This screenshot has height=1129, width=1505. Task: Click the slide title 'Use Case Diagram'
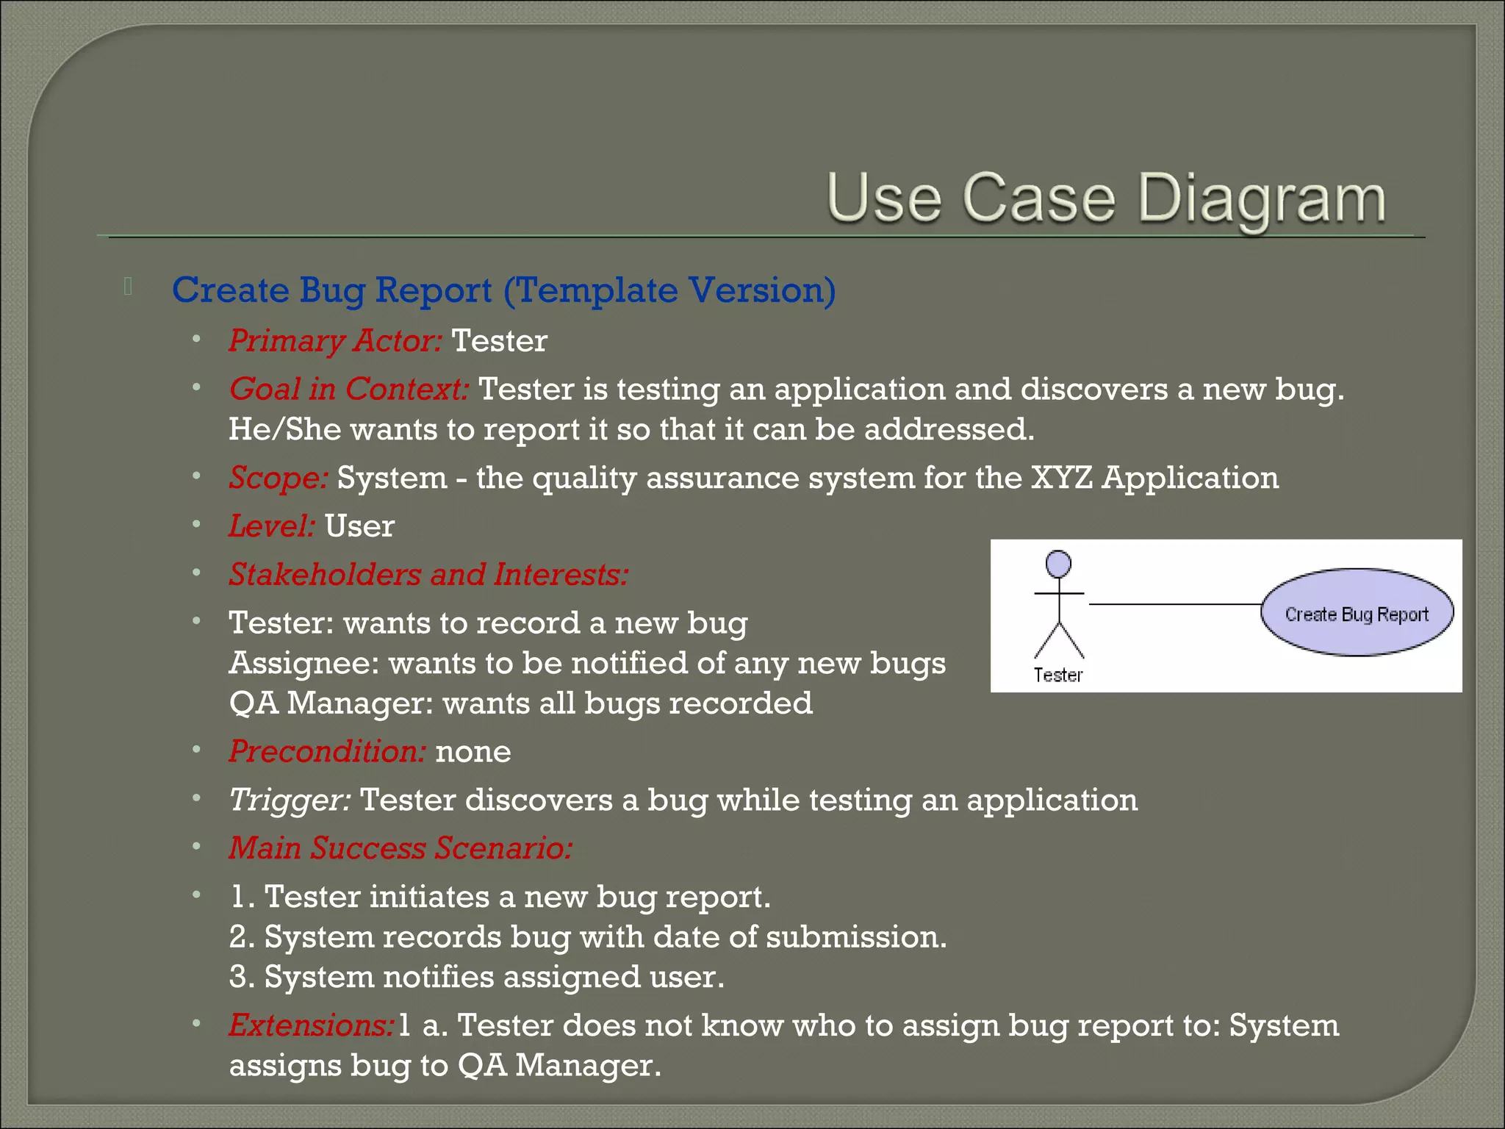tap(1106, 198)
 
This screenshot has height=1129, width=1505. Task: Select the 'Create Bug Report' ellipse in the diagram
tap(1357, 613)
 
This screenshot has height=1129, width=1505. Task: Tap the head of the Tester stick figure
tap(1058, 564)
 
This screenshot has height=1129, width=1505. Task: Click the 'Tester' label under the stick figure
tap(1057, 675)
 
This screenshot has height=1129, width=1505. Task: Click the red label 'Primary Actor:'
tap(335, 341)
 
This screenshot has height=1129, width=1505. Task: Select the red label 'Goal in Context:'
tap(348, 389)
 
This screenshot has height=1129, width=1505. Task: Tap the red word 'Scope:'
tap(278, 478)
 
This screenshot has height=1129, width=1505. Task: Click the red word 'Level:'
tap(272, 526)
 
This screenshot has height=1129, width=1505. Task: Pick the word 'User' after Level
tap(359, 526)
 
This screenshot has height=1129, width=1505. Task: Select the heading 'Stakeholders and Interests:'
tap(428, 575)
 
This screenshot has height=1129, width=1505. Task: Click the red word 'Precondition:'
tap(327, 751)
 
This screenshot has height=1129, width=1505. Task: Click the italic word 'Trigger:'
tap(290, 800)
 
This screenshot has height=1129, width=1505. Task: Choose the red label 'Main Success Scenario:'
tap(401, 848)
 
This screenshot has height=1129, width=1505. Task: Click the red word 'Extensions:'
tap(312, 1025)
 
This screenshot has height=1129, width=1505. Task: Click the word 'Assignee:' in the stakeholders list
tap(303, 663)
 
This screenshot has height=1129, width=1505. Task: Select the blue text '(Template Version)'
tap(669, 290)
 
